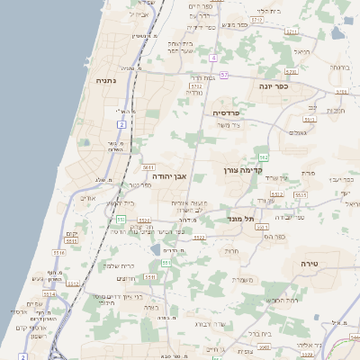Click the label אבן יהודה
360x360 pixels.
click(168, 176)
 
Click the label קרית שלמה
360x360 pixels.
click(119, 265)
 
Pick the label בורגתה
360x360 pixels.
click(338, 67)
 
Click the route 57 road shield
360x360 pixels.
click(223, 74)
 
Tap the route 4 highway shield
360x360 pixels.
click(213, 58)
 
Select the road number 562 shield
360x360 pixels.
click(264, 157)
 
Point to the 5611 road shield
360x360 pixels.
click(148, 166)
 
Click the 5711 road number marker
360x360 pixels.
click(292, 31)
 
